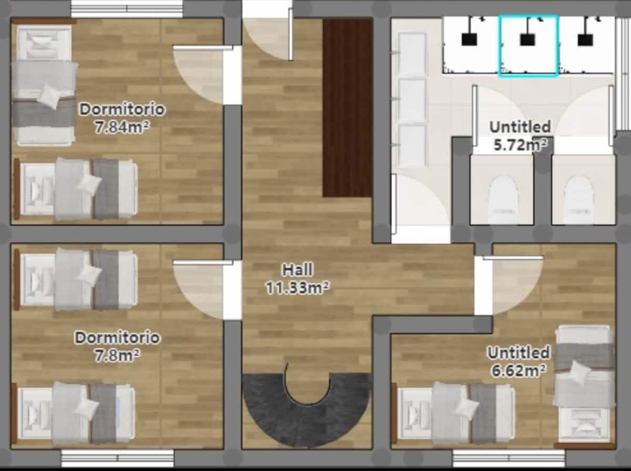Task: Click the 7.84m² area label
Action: coord(122,127)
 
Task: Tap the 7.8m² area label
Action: coord(117,356)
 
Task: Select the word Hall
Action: coord(298,270)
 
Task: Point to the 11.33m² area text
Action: coord(298,287)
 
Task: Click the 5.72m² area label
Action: coord(521,145)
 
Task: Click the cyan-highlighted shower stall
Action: coord(528,46)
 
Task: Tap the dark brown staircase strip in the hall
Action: coord(348,107)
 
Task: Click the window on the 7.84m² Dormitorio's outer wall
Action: coord(127,8)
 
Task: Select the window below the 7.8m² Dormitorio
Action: coord(118,458)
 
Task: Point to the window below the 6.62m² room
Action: coord(509,458)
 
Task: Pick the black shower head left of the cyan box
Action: coord(469,39)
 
